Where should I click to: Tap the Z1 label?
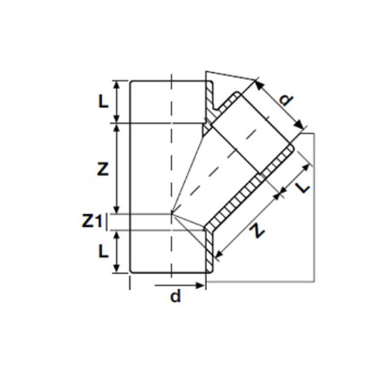coord(93,220)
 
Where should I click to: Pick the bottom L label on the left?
coord(101,251)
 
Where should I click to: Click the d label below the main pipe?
coord(175,296)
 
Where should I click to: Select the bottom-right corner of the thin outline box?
coord(313,279)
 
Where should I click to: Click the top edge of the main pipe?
coord(167,81)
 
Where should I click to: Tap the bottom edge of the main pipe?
coord(167,274)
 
